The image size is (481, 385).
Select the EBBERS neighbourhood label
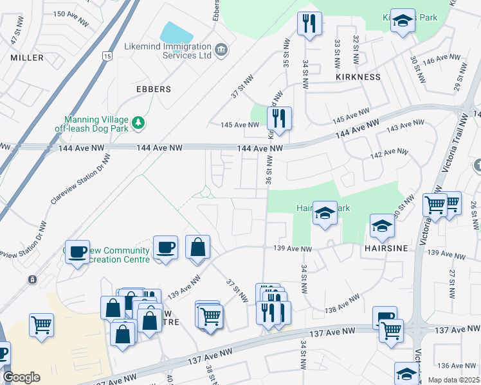[x=154, y=89]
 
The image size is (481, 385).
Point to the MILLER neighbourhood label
[x=27, y=58]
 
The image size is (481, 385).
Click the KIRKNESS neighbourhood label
[x=358, y=76]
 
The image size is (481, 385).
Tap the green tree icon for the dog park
[x=137, y=122]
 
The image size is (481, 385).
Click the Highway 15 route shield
[x=106, y=56]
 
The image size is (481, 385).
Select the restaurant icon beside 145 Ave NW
[x=279, y=118]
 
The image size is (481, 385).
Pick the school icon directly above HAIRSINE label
[x=382, y=225]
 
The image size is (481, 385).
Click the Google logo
[x=21, y=377]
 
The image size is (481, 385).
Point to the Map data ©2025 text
[x=453, y=380]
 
